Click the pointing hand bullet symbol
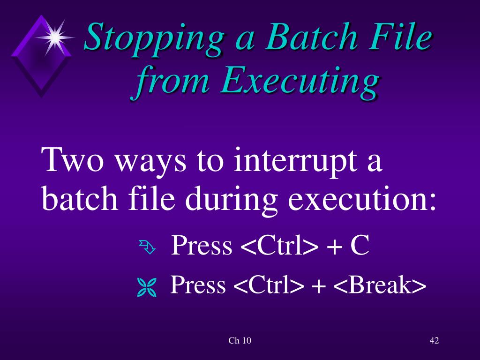[x=146, y=247]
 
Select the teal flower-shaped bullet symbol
[x=146, y=287]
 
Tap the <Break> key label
[x=380, y=285]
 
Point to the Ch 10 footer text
[x=240, y=341]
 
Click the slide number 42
[x=434, y=341]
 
